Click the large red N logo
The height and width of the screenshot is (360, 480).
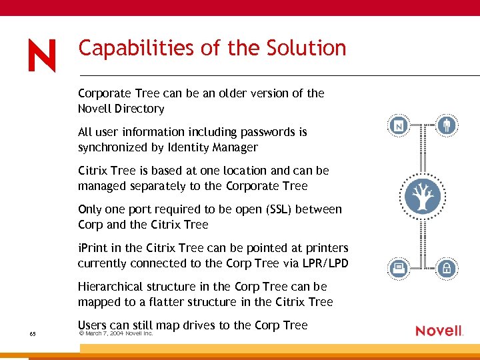pos(42,55)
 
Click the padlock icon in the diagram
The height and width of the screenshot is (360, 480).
pos(447,269)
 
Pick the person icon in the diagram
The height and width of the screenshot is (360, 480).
pos(447,125)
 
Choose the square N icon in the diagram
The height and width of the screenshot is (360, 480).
pos(399,125)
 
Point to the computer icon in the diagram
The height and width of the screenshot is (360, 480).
pos(399,269)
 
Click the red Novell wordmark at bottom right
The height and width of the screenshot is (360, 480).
pos(439,331)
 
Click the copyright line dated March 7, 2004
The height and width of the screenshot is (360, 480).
pos(116,333)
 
